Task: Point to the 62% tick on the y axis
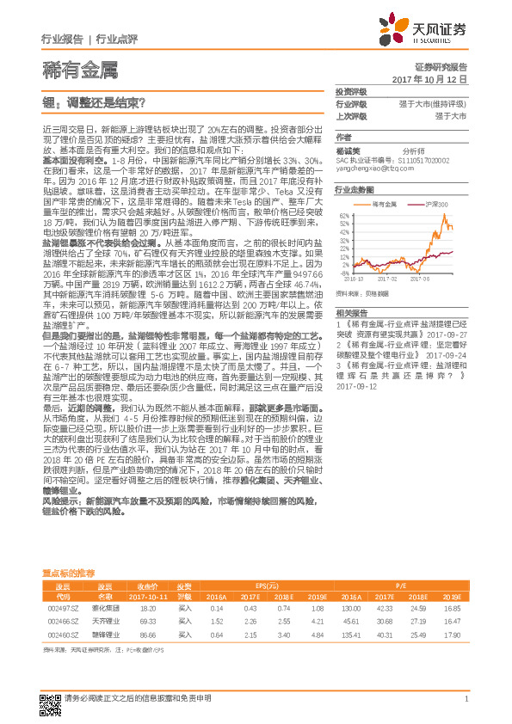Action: pos(343,215)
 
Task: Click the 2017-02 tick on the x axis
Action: pos(386,279)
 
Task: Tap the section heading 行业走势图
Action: pos(355,189)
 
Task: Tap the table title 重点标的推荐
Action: pos(68,572)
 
